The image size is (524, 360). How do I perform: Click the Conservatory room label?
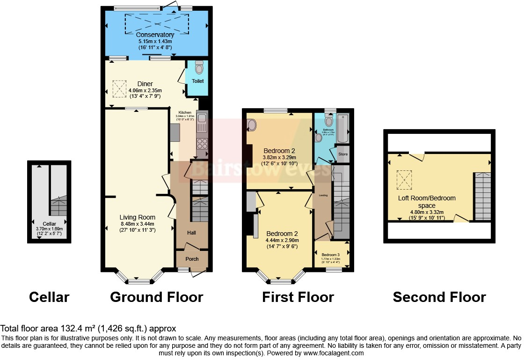coord(155,35)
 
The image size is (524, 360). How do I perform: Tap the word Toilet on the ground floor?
coord(197,81)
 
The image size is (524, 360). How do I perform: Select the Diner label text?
coord(145,84)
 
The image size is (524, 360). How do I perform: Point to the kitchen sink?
coord(202,125)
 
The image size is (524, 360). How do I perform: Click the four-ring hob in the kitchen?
coord(203,142)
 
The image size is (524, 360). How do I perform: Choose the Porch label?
coord(192,259)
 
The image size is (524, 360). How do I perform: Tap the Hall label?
coord(192,233)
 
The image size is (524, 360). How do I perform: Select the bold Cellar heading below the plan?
coord(49,297)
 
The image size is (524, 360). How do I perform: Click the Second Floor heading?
coord(439,297)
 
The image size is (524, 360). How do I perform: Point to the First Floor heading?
coord(298,297)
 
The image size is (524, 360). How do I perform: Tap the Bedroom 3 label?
coord(331,254)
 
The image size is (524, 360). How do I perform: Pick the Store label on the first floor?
coord(343,154)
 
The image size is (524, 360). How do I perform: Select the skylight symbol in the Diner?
coord(119,88)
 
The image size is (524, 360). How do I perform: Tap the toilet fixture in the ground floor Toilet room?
coord(199,68)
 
